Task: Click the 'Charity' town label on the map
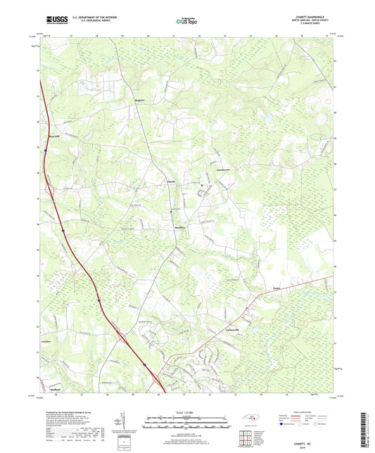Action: click(x=171, y=181)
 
